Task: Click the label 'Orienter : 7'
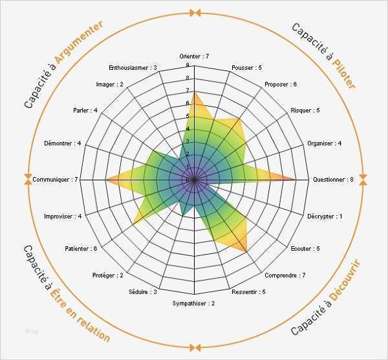tap(194, 57)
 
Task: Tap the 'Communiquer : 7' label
tap(55, 179)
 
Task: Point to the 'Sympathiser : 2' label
tap(193, 304)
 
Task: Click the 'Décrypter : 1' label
tap(325, 216)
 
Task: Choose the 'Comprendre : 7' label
tap(285, 276)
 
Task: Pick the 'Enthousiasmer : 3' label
tap(133, 67)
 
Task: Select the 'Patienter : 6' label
tap(81, 249)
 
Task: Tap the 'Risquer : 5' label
tap(305, 111)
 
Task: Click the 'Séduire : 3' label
tap(143, 292)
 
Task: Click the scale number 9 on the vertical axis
tap(188, 65)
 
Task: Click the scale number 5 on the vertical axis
tap(188, 116)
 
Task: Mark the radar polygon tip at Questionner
tap(296, 180)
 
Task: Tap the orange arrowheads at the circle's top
tap(194, 12)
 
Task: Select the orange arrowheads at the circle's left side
tap(27, 180)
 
